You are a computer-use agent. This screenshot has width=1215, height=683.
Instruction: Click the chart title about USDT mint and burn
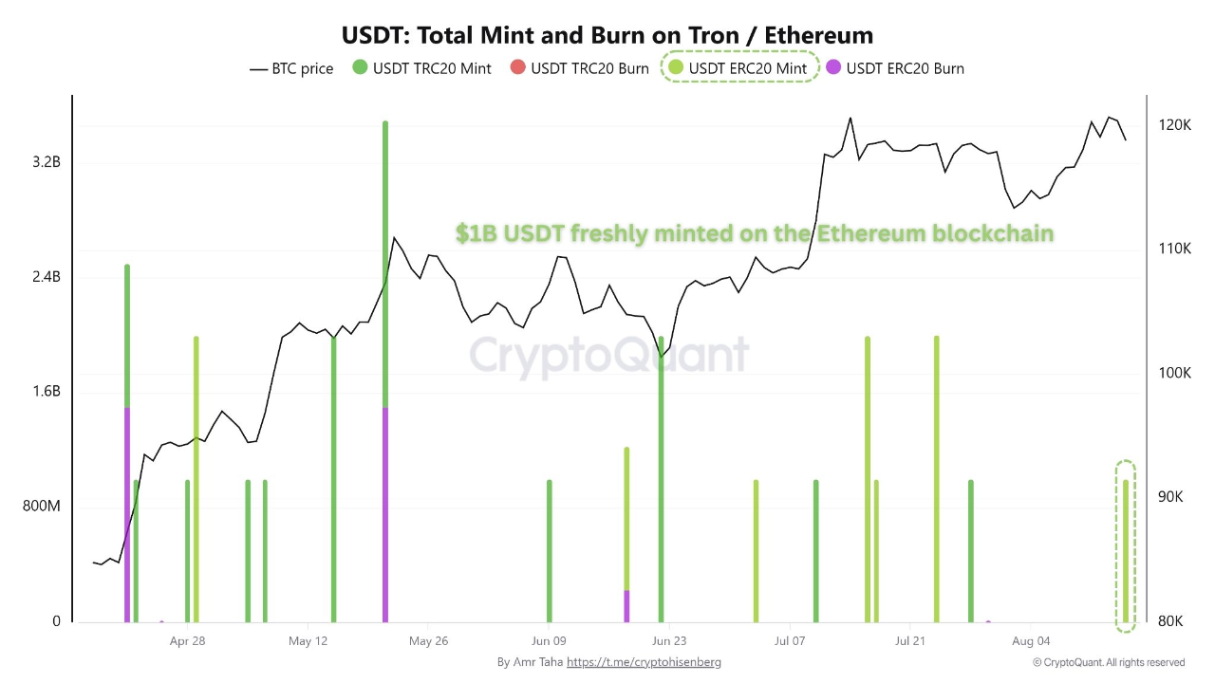pyautogui.click(x=607, y=35)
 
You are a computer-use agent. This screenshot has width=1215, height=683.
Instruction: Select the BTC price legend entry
pyautogui.click(x=291, y=68)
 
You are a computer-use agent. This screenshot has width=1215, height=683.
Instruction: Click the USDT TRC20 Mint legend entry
pyautogui.click(x=422, y=68)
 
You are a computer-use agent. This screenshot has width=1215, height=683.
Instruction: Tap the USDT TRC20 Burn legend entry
pyautogui.click(x=580, y=68)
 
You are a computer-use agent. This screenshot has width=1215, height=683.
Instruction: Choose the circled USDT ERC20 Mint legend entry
pyautogui.click(x=738, y=68)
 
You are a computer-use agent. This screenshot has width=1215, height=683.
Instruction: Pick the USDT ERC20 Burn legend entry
pyautogui.click(x=895, y=68)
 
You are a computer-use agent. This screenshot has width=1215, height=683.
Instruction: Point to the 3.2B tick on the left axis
pyautogui.click(x=47, y=162)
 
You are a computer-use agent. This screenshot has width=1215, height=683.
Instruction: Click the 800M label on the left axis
pyautogui.click(x=42, y=507)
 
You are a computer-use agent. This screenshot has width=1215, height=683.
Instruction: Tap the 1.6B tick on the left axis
pyautogui.click(x=47, y=392)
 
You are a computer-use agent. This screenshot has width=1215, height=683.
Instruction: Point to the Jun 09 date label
pyautogui.click(x=549, y=641)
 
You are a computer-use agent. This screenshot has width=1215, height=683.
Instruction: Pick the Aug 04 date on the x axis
pyautogui.click(x=1031, y=641)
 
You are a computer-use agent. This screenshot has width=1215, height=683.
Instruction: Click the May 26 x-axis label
pyautogui.click(x=428, y=641)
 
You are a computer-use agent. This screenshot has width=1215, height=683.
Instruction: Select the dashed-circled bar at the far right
pyautogui.click(x=1126, y=550)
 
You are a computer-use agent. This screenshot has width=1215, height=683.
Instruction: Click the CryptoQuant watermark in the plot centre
pyautogui.click(x=608, y=356)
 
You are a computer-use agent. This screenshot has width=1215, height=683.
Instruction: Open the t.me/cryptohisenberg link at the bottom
pyautogui.click(x=644, y=662)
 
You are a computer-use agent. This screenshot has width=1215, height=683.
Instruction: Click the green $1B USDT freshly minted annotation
pyautogui.click(x=755, y=233)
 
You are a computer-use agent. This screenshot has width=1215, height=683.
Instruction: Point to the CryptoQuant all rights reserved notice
pyautogui.click(x=1109, y=662)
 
